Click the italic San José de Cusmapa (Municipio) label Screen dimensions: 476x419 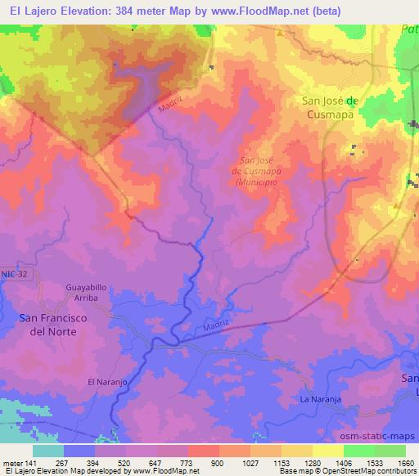[259, 172]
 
